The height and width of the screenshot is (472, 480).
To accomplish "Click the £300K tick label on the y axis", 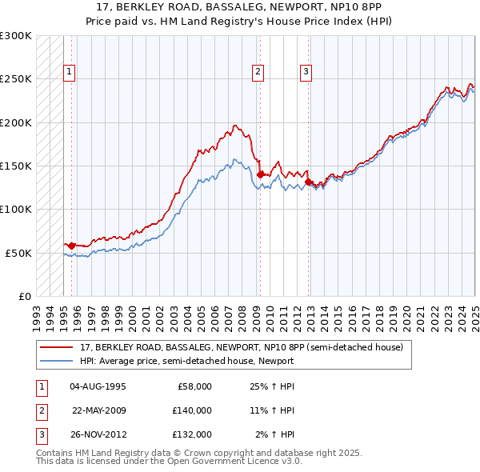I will point(16,36).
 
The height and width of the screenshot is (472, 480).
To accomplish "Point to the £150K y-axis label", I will point(16,166).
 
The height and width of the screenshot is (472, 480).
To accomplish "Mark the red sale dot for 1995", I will point(71,245).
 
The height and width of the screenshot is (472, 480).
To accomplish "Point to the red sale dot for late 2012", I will point(308,182).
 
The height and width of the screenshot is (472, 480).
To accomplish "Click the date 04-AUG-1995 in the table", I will point(98,386).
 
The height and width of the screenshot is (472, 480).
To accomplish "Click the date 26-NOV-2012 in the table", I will point(98,434).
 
